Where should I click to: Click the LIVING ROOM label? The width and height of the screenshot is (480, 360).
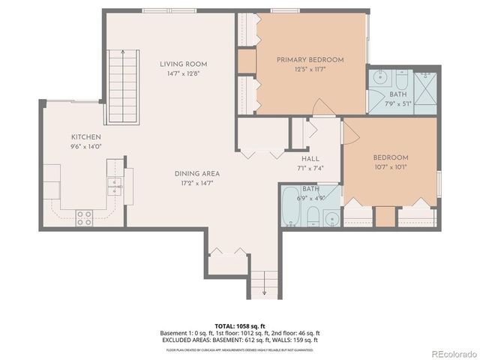coord(183,64)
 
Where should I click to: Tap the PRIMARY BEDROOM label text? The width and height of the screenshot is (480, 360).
coord(310,59)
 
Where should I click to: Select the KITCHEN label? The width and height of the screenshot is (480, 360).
coord(86,136)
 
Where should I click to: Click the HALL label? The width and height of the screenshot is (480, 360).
coord(310,158)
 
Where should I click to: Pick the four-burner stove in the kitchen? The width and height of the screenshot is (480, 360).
coord(83,217)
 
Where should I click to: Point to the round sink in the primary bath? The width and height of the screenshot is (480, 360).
coord(378,77)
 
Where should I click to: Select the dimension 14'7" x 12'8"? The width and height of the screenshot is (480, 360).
coord(183,73)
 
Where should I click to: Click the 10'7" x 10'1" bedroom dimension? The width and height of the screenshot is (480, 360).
coord(391,167)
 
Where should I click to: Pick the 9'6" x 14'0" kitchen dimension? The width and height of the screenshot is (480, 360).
coord(86,147)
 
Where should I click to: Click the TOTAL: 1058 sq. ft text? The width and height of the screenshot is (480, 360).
coord(239,325)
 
